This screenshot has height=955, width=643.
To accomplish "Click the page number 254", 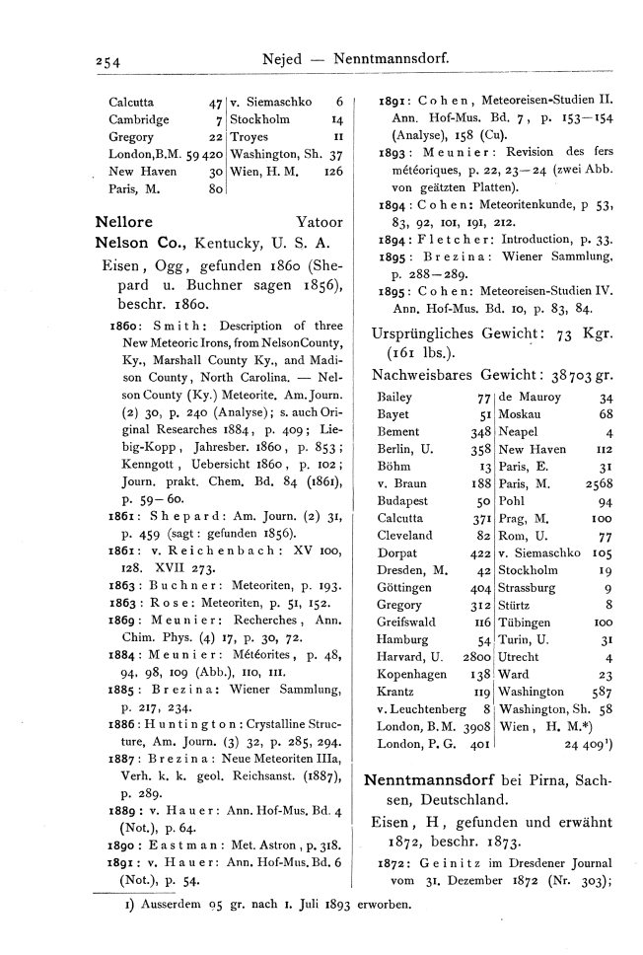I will tap(101, 61).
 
